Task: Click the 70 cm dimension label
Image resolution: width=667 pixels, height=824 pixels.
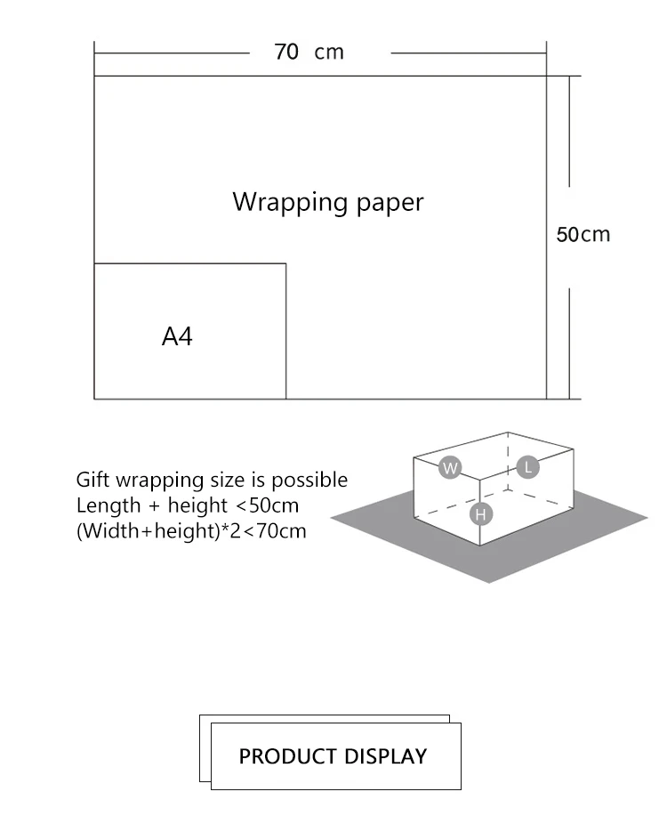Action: tap(309, 52)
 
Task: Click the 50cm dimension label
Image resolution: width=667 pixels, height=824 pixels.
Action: tap(583, 234)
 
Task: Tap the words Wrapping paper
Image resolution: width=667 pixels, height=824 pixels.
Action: tap(328, 202)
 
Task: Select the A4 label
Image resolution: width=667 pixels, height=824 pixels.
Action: tap(177, 336)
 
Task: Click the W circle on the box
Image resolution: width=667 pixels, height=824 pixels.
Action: tap(451, 467)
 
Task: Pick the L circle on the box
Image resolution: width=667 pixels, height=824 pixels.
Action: tap(527, 466)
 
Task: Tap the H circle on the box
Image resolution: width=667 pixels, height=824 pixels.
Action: tap(481, 513)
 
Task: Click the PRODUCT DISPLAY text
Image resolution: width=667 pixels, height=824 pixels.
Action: tap(333, 756)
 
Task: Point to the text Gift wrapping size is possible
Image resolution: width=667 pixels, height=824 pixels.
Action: tap(212, 480)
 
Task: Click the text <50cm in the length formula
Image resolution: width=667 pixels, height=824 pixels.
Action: tap(268, 505)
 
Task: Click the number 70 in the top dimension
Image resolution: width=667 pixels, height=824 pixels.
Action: tap(286, 52)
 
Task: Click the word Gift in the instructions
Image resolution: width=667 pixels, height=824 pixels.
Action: tap(91, 480)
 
